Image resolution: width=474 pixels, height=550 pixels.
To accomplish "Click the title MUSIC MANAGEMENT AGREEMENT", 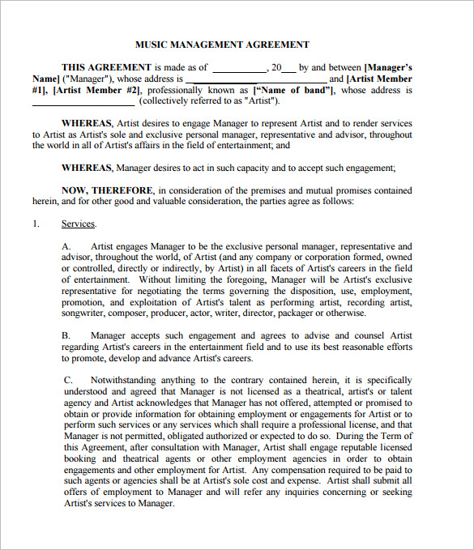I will click(x=221, y=45).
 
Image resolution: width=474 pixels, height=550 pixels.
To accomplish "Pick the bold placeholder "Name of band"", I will click(x=295, y=91).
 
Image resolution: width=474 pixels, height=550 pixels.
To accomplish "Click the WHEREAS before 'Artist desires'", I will click(x=88, y=123).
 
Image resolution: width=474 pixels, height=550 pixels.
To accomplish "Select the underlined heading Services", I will click(x=79, y=224).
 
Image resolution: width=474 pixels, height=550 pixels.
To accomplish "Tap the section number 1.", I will click(x=36, y=224).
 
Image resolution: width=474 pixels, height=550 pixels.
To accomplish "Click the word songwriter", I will click(x=88, y=313).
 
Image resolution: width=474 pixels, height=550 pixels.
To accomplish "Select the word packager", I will click(x=304, y=313).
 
